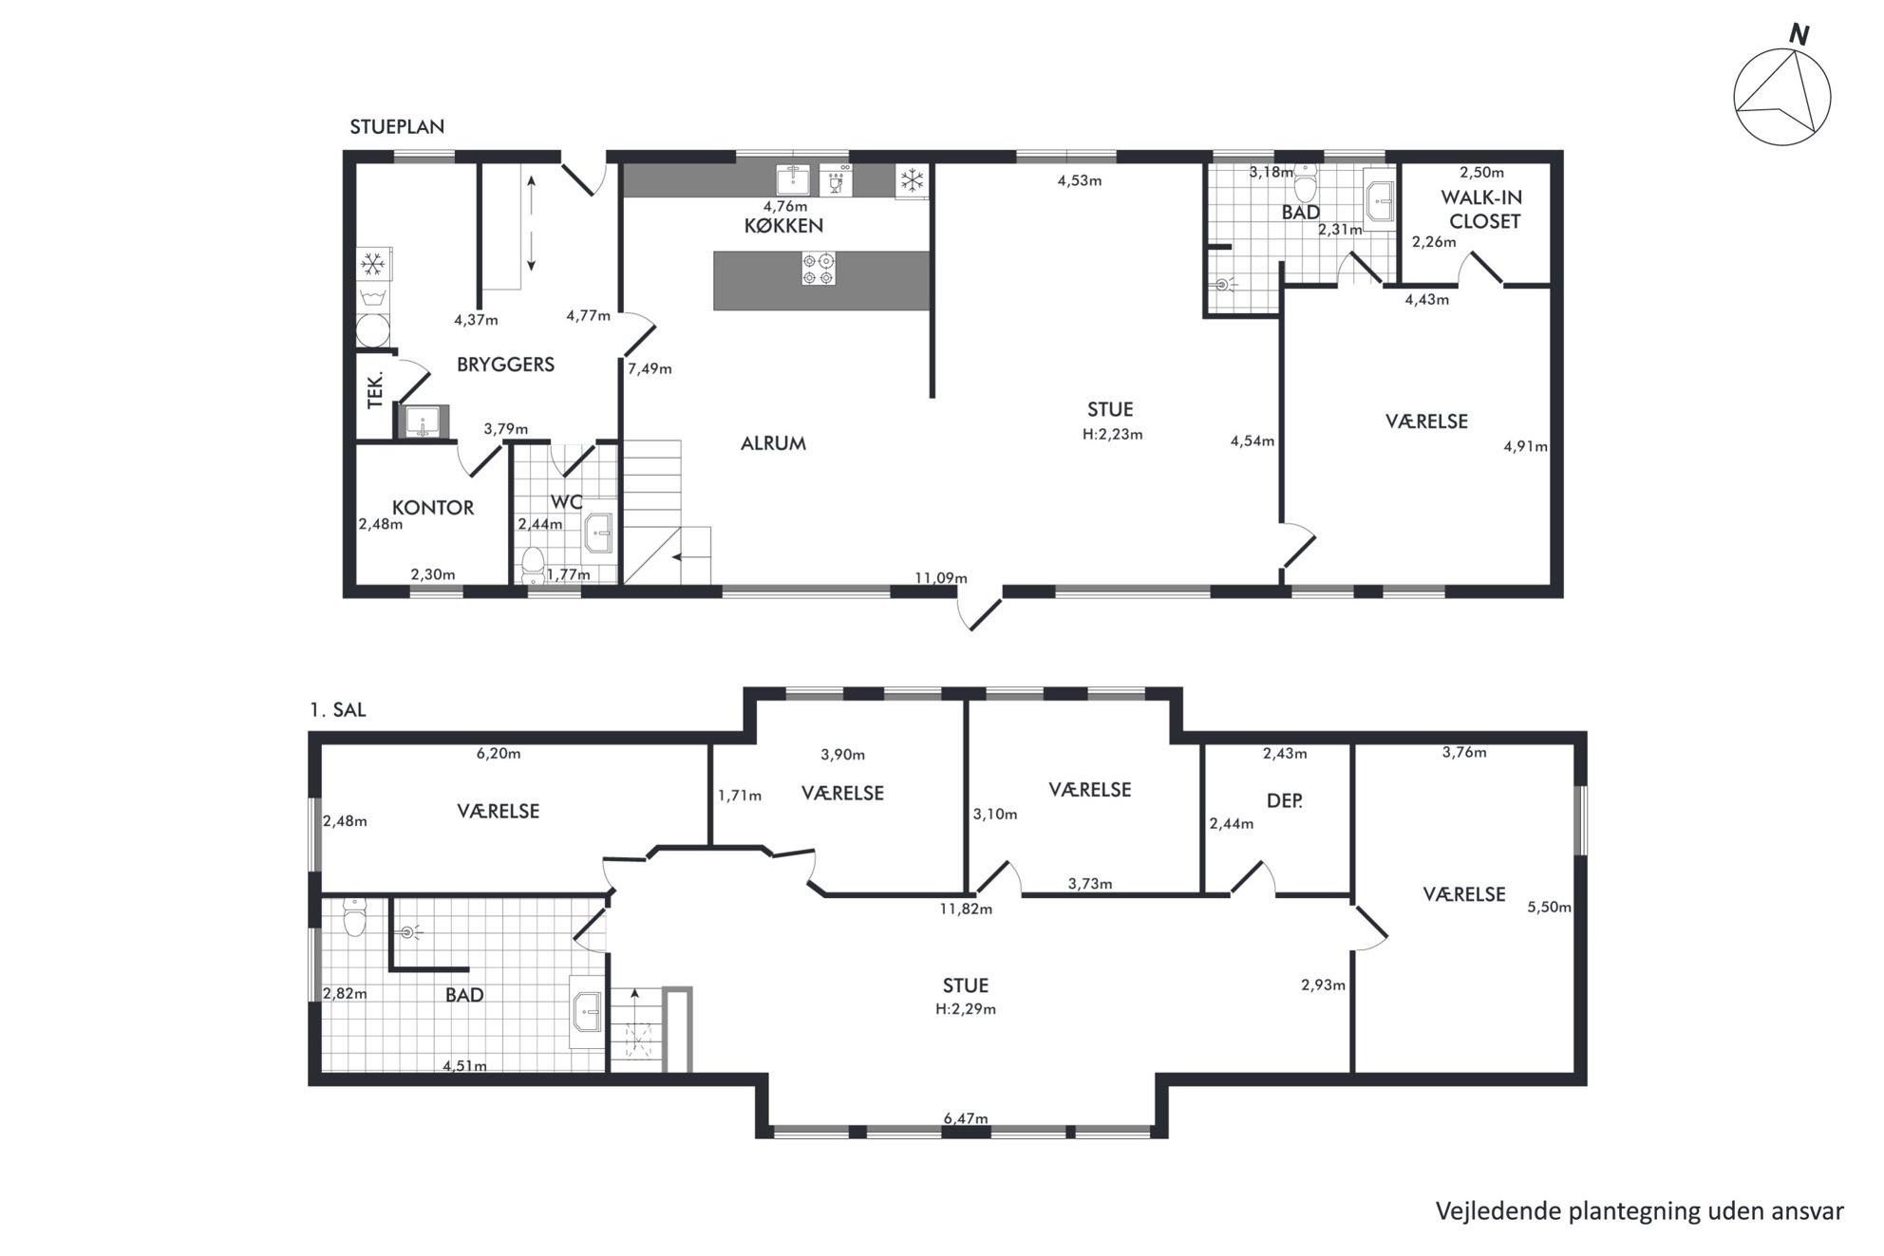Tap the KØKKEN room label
[x=783, y=226]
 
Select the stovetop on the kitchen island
[x=818, y=269]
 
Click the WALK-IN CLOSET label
[x=1484, y=210]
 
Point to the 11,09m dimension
[x=941, y=578]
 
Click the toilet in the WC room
[x=532, y=562]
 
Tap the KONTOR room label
[x=433, y=508]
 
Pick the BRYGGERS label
[x=505, y=365]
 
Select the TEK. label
[x=375, y=389]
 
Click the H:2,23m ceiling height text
[x=1112, y=435]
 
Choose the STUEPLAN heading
[x=397, y=127]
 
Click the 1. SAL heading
[x=337, y=710]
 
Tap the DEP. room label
[x=1285, y=801]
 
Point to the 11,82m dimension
[x=966, y=909]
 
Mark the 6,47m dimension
[x=966, y=1118]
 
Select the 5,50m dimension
[x=1549, y=908]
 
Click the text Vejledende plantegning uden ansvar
[x=1640, y=1210]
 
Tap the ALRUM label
[x=773, y=443]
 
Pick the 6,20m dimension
[x=499, y=754]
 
